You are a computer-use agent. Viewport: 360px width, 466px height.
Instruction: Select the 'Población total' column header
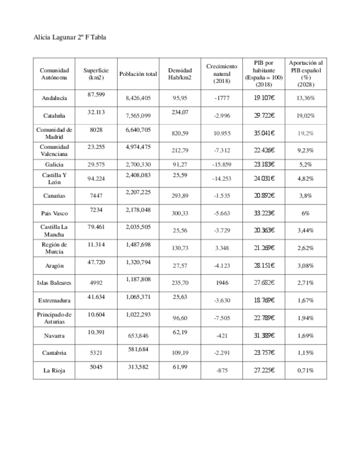coord(138,74)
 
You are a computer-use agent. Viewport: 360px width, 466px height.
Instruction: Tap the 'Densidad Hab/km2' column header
coord(180,74)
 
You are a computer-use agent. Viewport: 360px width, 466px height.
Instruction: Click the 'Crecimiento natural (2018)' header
coord(221,74)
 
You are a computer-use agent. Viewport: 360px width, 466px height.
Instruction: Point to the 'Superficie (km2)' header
coord(96,74)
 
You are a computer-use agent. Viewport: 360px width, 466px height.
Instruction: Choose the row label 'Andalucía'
coord(54,98)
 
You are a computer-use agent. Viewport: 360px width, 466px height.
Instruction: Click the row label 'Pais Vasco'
coord(54,213)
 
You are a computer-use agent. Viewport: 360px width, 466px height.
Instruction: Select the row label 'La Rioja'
coord(54,370)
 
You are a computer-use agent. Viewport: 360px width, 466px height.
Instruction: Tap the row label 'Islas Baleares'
coord(54,282)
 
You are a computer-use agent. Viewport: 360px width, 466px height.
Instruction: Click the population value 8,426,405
coord(138,98)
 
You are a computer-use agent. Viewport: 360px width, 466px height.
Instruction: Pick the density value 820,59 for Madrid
coord(180,134)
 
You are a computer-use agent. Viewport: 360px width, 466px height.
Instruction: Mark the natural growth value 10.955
coord(221,134)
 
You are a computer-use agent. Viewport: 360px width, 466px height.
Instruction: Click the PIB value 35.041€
coord(264,134)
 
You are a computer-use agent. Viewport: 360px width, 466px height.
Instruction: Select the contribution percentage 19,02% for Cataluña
coord(306,116)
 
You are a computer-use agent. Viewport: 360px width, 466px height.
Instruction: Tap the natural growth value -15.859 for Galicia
coord(221,164)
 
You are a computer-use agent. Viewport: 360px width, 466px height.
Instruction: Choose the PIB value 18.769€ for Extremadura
coord(264,301)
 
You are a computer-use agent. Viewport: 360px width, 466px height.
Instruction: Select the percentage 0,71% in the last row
coord(306,370)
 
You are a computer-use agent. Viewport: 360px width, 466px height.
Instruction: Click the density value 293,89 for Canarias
coord(180,196)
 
